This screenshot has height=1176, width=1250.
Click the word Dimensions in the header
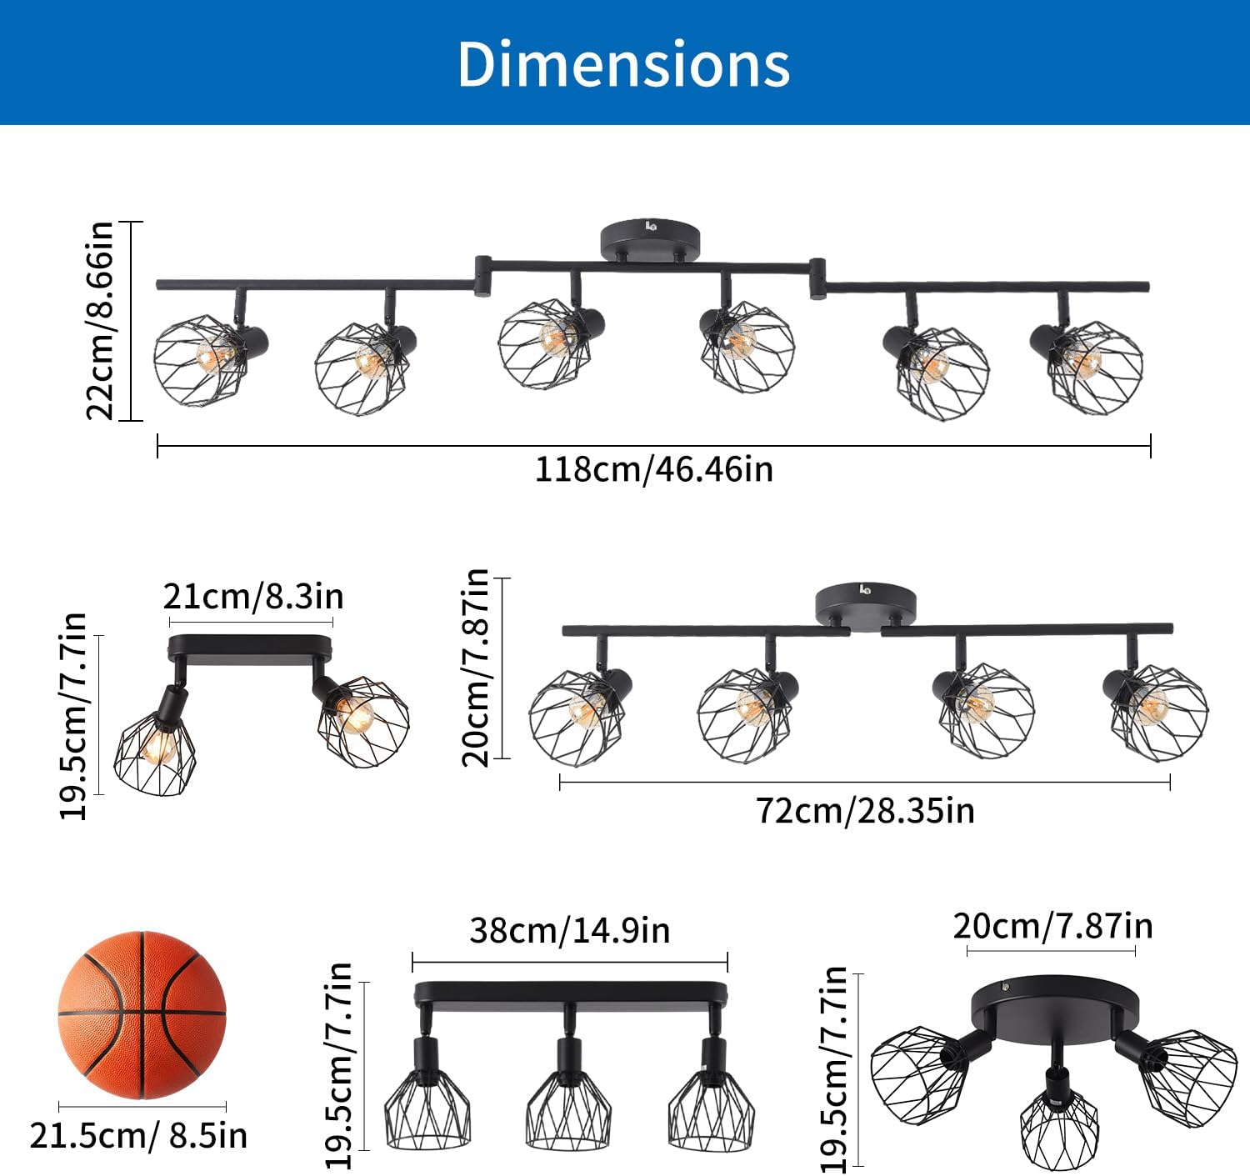623,63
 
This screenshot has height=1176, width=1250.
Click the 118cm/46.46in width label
654,469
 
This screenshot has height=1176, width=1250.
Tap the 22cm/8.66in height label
100,320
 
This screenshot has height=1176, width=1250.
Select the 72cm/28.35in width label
865,811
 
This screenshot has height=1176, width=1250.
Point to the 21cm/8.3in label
253,596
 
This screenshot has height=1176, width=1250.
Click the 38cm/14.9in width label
570,930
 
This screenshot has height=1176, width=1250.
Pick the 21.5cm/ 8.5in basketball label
138,1136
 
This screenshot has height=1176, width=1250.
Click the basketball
142,1015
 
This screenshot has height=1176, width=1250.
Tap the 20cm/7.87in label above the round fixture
1053,926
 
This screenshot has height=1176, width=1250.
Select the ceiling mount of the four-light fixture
866,603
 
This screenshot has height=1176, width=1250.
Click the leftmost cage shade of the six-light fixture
200,361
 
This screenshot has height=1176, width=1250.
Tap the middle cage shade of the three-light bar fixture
568,1107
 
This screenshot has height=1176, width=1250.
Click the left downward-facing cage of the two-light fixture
155,753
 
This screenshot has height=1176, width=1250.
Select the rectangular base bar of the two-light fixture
250,648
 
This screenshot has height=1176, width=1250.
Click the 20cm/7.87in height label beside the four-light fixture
475,668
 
